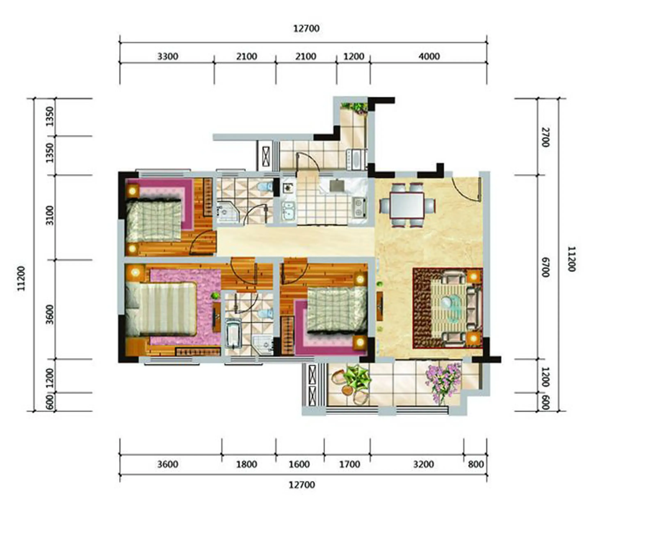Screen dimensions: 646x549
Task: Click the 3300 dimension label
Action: tap(168, 56)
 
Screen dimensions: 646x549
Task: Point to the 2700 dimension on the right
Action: tap(546, 137)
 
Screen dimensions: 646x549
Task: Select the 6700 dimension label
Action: tap(546, 267)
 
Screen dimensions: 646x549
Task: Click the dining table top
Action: tap(407, 205)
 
